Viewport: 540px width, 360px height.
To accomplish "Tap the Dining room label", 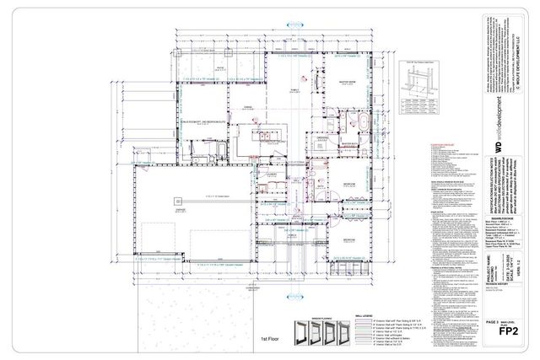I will point(249,109).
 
